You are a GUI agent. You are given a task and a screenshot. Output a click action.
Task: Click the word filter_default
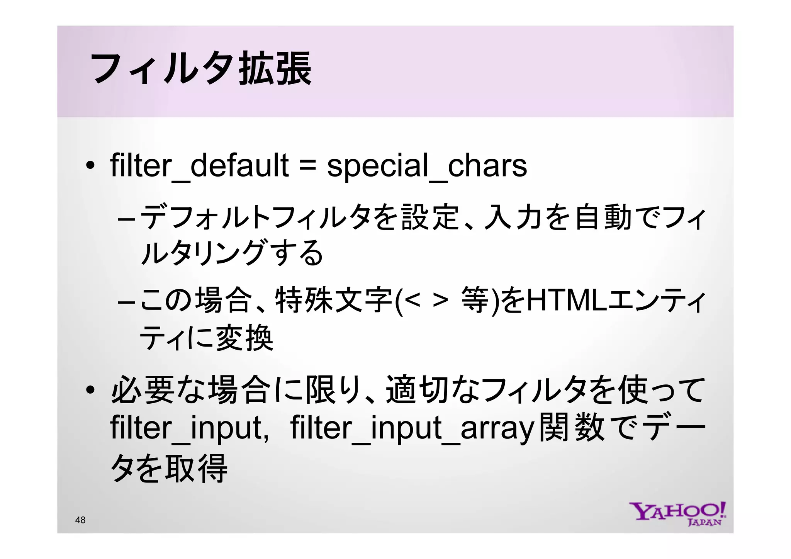pos(199,166)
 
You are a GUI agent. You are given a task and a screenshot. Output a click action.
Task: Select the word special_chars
pos(427,166)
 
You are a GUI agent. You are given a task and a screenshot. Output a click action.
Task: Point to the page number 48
pos(80,520)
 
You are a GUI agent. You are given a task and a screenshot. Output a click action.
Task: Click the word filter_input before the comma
pos(185,428)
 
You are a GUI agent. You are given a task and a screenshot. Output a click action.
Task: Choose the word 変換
pos(244,338)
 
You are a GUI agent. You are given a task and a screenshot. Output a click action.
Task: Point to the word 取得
pos(196,468)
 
